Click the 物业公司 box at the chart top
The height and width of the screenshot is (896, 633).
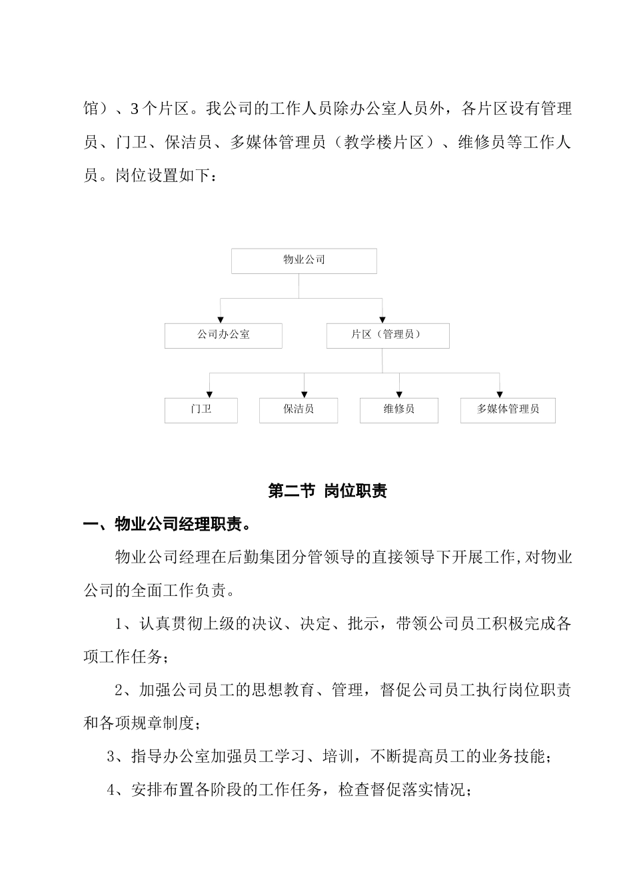click(x=304, y=261)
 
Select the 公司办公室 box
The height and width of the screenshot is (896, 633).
click(x=223, y=335)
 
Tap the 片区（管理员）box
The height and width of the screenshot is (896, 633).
click(x=387, y=335)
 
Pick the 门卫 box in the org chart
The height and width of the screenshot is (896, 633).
click(x=201, y=410)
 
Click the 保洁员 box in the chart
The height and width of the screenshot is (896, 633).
click(x=298, y=410)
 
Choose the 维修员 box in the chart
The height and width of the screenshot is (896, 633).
click(x=398, y=410)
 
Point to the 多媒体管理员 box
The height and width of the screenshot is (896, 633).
click(x=507, y=410)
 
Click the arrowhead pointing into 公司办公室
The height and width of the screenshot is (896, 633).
click(x=221, y=320)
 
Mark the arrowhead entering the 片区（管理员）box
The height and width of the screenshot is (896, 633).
click(x=382, y=320)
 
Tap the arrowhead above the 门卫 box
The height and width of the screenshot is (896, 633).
click(x=210, y=395)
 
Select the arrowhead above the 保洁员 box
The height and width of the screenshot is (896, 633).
click(x=305, y=395)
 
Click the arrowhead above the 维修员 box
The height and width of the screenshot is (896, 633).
click(x=399, y=395)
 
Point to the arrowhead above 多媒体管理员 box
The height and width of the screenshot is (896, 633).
click(x=500, y=395)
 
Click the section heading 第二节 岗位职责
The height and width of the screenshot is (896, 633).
click(x=327, y=491)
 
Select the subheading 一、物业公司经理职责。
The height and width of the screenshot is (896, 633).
click(x=167, y=525)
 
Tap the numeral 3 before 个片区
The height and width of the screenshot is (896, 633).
click(x=135, y=109)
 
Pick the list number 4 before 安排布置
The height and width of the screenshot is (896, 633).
click(x=111, y=791)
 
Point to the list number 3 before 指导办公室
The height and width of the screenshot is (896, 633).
click(x=111, y=757)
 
